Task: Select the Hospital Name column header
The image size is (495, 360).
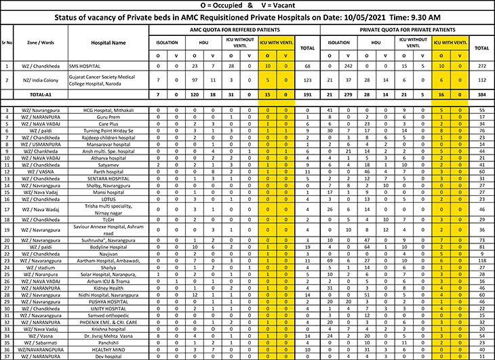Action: click(108, 42)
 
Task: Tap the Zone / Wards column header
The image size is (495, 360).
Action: click(41, 42)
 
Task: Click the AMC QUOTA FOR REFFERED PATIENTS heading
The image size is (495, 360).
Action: click(224, 31)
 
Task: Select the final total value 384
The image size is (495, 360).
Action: click(482, 95)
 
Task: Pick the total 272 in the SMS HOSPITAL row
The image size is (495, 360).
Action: click(482, 66)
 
